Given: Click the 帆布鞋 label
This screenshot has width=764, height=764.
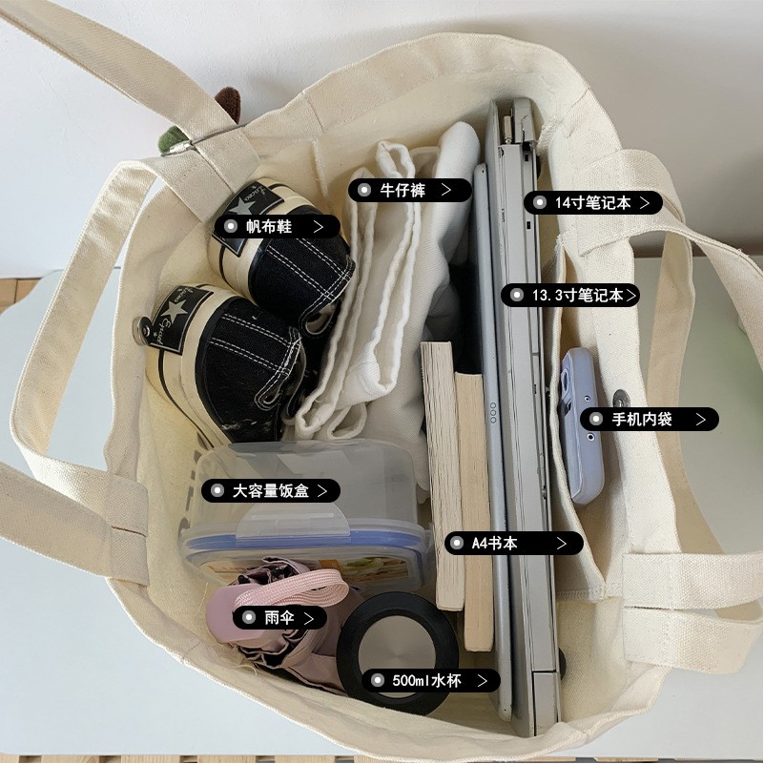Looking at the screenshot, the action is click(x=277, y=227).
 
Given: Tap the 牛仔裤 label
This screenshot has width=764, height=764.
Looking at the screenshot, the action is click(x=410, y=190).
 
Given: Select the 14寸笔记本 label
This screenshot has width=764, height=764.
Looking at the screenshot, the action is click(x=593, y=203).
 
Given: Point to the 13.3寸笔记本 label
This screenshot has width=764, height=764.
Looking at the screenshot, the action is click(x=570, y=296).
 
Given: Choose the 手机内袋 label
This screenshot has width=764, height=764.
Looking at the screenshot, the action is click(x=649, y=419).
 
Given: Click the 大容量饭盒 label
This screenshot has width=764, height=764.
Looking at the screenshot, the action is click(x=271, y=490).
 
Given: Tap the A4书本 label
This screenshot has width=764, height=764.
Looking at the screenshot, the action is click(x=513, y=544).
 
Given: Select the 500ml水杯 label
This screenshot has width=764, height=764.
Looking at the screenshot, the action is click(x=431, y=681).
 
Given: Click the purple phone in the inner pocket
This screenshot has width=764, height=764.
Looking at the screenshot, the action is click(x=582, y=424).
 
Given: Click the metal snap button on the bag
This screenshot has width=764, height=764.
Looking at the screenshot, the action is click(x=621, y=399).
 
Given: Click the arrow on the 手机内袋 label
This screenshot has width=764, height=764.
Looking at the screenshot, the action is click(x=701, y=419).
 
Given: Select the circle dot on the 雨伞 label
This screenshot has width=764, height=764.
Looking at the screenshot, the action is click(x=249, y=618).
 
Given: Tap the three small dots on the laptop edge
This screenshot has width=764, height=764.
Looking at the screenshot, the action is click(x=493, y=412).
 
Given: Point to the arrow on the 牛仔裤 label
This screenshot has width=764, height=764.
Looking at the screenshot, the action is click(x=445, y=190).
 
